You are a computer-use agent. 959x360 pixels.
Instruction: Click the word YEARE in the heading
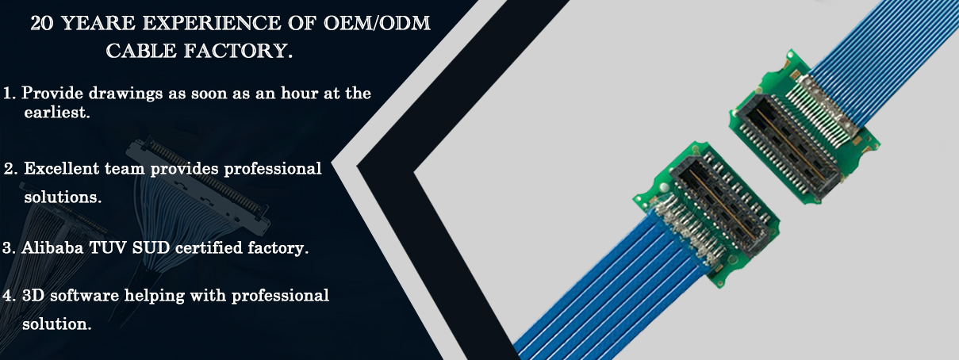click(99, 23)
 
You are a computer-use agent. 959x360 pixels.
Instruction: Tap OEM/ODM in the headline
click(377, 23)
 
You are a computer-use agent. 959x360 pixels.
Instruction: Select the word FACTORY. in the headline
click(239, 51)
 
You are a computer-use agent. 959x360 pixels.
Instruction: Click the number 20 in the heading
click(42, 23)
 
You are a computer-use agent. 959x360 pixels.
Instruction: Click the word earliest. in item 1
click(57, 112)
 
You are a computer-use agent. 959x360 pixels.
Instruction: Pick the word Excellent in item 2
click(61, 168)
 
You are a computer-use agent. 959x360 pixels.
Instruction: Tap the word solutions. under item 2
click(63, 197)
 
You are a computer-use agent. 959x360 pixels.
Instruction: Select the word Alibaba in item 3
click(52, 247)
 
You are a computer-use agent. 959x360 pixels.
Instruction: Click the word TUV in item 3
click(108, 247)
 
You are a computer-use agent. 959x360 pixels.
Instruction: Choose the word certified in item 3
click(209, 247)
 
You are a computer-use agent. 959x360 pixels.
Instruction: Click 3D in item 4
click(33, 295)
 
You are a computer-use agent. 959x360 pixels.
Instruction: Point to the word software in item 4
click(84, 295)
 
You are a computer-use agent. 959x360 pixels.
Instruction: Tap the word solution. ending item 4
click(57, 324)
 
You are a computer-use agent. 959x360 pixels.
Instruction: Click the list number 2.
click(10, 169)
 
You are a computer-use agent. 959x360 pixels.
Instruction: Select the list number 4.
click(9, 295)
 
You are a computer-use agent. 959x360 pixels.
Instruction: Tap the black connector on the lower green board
click(724, 205)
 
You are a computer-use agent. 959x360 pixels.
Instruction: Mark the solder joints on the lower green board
click(686, 232)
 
